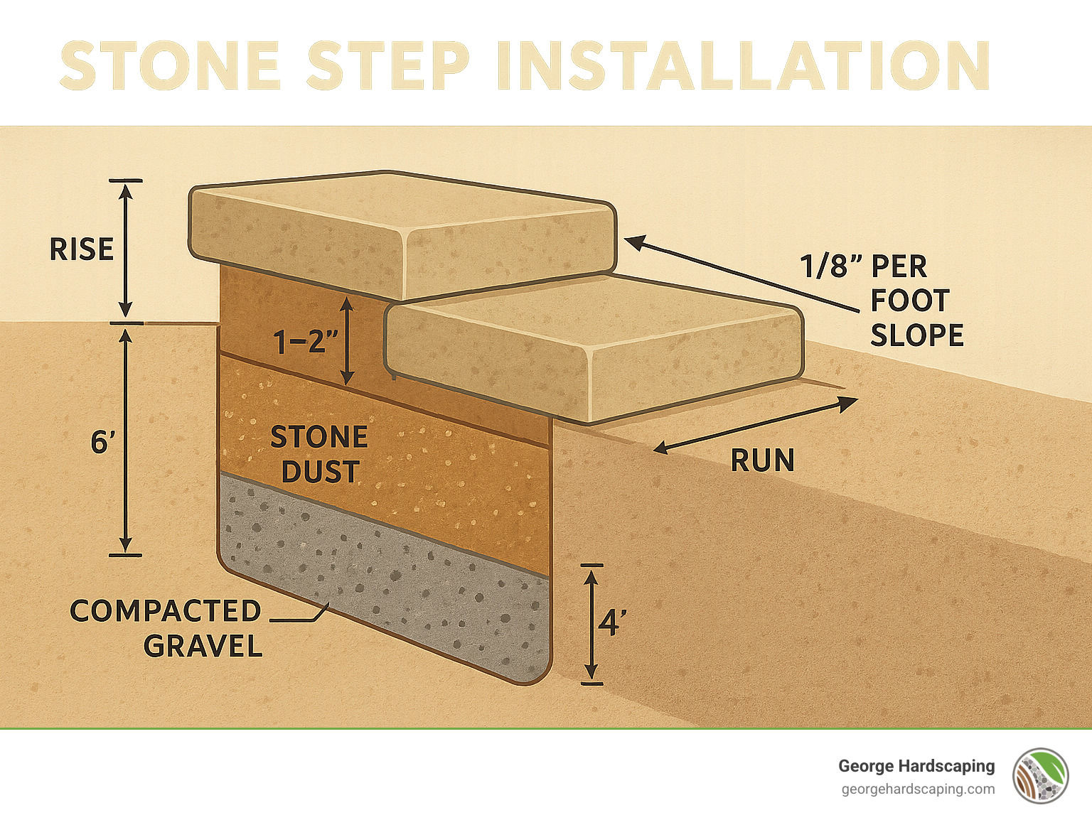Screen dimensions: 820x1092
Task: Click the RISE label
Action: pos(81,249)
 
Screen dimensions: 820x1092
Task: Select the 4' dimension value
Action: pos(611,623)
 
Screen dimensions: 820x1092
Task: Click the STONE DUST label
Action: pos(319,454)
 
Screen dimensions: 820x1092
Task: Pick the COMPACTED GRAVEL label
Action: pos(166,628)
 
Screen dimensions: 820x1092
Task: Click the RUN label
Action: pos(762,461)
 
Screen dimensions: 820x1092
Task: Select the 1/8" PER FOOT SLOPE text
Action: pos(882,301)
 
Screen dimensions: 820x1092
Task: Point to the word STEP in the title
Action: pos(388,66)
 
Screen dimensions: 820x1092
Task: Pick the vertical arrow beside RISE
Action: pos(126,249)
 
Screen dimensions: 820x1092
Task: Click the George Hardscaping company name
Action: pos(916,766)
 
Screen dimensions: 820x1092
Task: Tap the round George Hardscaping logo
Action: pos(1041,776)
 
